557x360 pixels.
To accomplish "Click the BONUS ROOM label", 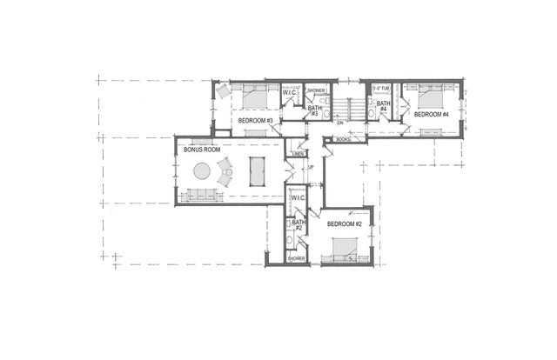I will point(200,149).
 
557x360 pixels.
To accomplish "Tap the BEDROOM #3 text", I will point(257,120).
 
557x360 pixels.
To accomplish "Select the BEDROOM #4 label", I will point(431,114).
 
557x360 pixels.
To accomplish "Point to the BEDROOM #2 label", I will point(345,223).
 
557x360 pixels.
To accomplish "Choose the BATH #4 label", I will point(382,105).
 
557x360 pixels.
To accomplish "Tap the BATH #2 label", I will point(299,225).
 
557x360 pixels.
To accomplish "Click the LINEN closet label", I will point(297,154).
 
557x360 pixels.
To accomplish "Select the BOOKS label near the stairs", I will point(342,139).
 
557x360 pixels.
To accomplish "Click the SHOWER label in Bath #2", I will point(297,258).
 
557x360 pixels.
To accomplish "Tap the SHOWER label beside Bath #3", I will point(316,90).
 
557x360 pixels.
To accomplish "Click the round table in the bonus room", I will point(202,171).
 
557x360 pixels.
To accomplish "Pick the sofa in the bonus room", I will point(202,195).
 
